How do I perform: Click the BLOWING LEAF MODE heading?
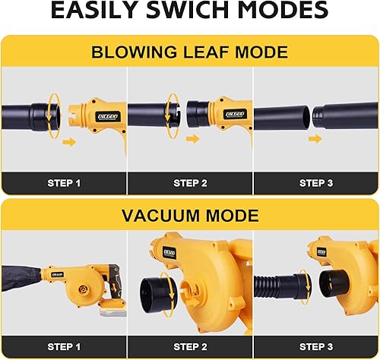point(189,52)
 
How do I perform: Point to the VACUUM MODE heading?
point(189,216)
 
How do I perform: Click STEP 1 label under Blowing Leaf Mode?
point(63,183)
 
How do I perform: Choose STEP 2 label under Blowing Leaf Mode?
point(189,183)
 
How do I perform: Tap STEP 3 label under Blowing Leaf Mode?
point(315,183)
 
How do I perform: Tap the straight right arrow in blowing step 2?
point(193,140)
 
